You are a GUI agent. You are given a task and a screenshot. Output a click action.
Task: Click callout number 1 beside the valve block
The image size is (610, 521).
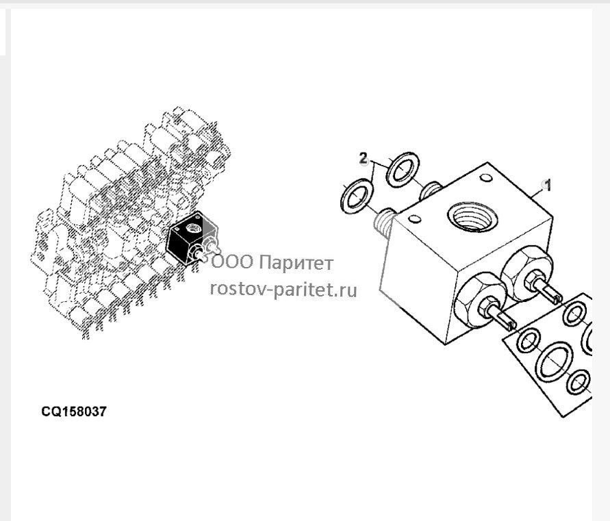pyautogui.click(x=548, y=186)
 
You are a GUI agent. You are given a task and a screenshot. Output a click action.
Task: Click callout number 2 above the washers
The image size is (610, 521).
pyautogui.click(x=363, y=158)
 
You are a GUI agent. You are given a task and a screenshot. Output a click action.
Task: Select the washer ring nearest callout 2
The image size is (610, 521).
pyautogui.click(x=403, y=170)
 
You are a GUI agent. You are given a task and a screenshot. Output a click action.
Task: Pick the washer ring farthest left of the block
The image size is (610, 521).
pyautogui.click(x=357, y=196)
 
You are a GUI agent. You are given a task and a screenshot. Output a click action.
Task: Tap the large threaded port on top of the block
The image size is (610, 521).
pyautogui.click(x=472, y=217)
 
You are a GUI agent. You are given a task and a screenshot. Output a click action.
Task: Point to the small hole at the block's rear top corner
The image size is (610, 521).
pyautogui.click(x=486, y=178)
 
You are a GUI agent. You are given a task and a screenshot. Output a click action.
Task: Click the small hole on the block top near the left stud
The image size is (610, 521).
pyautogui.click(x=415, y=219)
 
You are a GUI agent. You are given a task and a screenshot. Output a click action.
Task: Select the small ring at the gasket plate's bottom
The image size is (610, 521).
pyautogui.click(x=578, y=382)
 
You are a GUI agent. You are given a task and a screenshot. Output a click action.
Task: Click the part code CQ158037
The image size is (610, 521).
pyautogui.click(x=74, y=411)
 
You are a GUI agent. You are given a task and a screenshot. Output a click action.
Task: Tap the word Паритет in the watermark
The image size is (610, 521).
pyautogui.click(x=296, y=263)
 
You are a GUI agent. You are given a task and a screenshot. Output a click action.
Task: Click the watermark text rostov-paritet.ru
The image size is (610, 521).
pyautogui.click(x=283, y=290)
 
